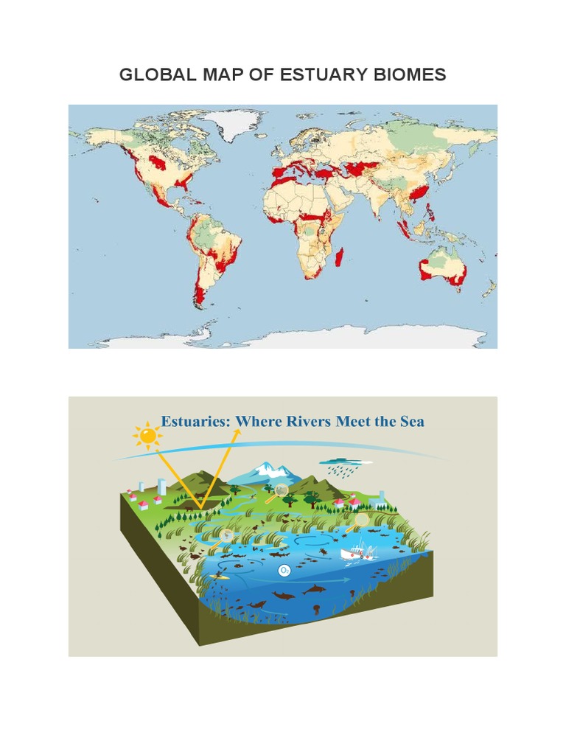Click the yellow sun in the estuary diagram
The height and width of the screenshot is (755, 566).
(149, 436)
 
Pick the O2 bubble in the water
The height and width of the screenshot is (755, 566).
(284, 570)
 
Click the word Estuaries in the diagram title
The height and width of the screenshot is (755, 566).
(195, 422)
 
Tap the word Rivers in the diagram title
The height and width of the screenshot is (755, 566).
(307, 422)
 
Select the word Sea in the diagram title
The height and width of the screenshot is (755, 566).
(410, 422)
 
